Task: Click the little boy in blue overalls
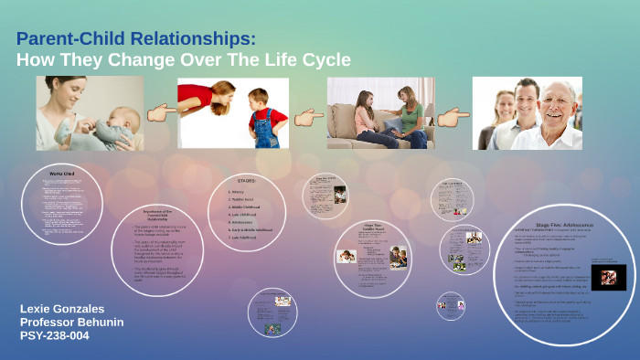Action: pos(264,116)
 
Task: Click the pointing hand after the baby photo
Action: pos(161,112)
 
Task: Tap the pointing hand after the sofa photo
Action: pos(453,117)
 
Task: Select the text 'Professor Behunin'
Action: pos(72,323)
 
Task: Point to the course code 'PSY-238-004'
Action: pos(58,336)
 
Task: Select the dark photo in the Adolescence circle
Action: pos(606,276)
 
